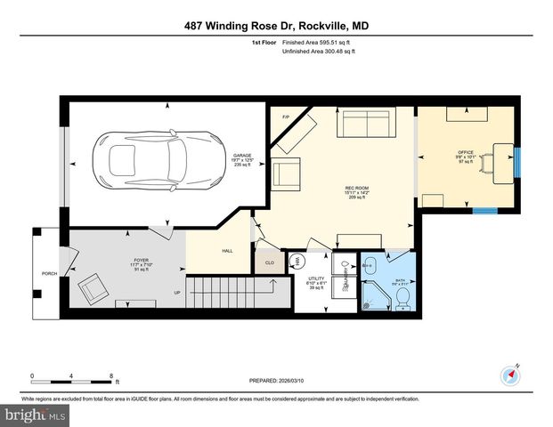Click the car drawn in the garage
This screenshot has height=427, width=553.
(x=166, y=159)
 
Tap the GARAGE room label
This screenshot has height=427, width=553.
(x=242, y=158)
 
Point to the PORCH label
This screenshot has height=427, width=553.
(x=50, y=273)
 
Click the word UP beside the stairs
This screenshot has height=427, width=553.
(x=176, y=292)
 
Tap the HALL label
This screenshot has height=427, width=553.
(x=227, y=252)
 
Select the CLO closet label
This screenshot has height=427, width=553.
(x=269, y=262)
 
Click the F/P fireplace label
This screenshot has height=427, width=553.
(x=287, y=117)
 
